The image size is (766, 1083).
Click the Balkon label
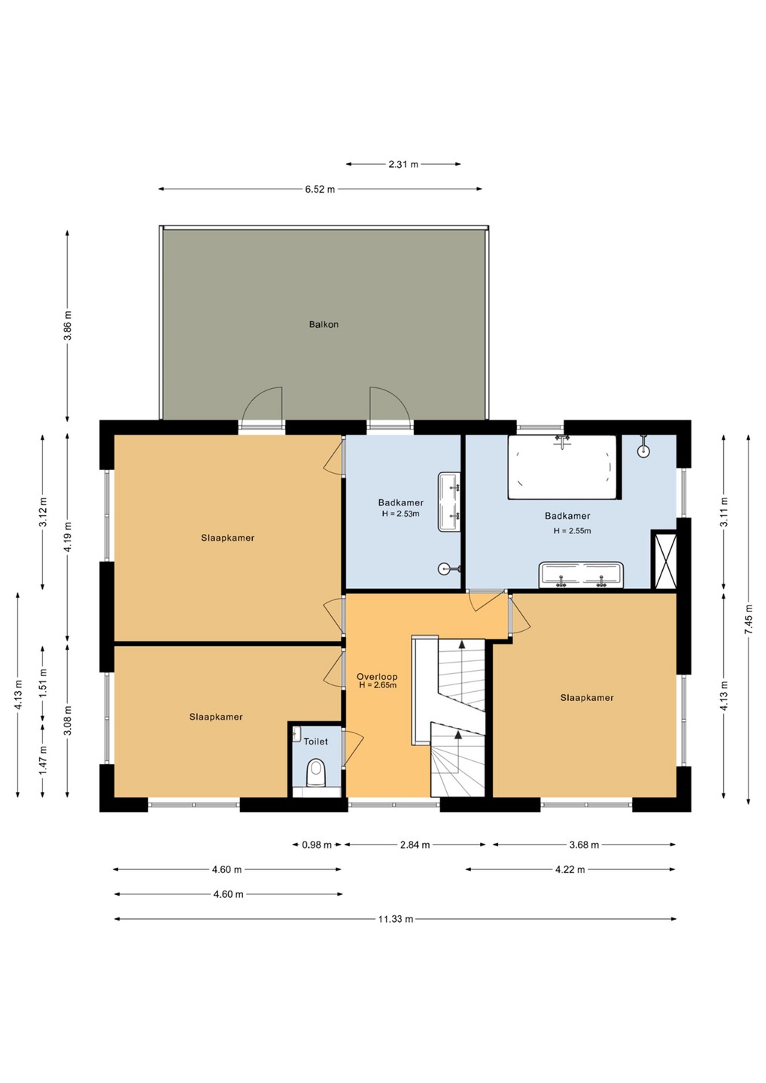point(324,324)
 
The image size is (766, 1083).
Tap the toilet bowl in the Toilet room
point(317,772)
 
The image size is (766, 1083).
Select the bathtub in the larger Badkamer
point(562,467)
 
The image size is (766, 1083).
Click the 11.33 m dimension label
point(396,919)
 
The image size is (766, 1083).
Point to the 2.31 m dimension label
point(403,165)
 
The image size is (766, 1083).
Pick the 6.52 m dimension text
point(320,190)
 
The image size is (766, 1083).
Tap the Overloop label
point(377,677)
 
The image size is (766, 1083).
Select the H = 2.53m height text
point(401,514)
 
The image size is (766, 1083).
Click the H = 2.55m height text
point(573,531)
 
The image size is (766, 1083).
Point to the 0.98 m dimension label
point(317,845)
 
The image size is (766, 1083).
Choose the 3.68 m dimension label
point(584,845)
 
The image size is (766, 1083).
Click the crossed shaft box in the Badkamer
point(664,560)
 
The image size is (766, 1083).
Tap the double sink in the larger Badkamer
point(581,575)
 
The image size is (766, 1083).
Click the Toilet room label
point(315,742)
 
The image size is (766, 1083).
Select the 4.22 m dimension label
point(570,869)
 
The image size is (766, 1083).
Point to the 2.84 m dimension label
point(415,845)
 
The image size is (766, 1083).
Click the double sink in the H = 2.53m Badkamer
point(449,502)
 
